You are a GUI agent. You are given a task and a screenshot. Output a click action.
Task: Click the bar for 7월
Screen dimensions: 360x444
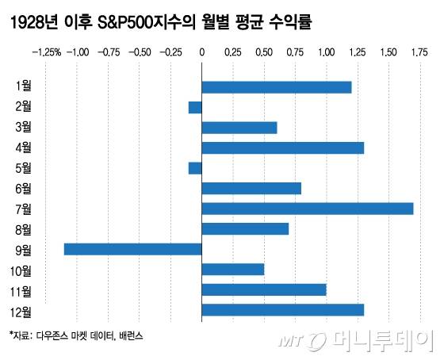coord(308,209)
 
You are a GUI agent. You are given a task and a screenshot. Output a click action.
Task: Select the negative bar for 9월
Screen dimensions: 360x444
coord(133,249)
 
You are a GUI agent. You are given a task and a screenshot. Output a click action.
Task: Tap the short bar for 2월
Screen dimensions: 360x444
coord(195,107)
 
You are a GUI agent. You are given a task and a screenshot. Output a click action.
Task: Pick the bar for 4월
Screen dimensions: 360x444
coord(283,147)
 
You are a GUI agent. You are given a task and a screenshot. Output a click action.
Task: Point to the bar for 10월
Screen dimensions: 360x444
coord(233,270)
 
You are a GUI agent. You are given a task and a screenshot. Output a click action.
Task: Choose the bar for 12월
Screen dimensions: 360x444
coord(283,310)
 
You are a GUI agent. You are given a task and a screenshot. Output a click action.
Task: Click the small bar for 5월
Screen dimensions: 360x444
coord(195,168)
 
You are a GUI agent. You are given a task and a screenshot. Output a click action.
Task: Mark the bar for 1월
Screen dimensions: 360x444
coord(277,87)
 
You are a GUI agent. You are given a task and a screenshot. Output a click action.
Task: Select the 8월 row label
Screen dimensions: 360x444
coord(24,229)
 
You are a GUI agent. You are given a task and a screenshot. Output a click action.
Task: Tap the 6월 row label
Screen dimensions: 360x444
coord(24,189)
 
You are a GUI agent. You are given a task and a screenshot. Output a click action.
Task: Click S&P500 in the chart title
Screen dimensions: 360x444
coord(126,23)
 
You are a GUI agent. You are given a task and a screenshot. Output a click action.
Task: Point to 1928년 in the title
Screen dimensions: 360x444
coord(32,23)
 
